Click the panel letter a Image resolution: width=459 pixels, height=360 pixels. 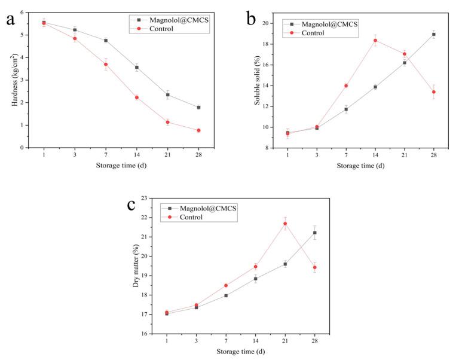coord(10,19)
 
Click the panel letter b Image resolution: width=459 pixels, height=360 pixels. coord(251,20)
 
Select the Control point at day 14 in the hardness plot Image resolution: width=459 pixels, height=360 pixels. coord(136,97)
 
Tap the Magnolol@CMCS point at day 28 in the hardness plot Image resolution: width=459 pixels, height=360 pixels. coord(198,107)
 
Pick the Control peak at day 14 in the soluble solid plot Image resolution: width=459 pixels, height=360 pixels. coord(375,41)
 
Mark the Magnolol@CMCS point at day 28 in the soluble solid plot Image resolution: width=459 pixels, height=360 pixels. coord(433,34)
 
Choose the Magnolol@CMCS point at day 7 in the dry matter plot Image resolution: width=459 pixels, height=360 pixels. coord(225,295)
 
